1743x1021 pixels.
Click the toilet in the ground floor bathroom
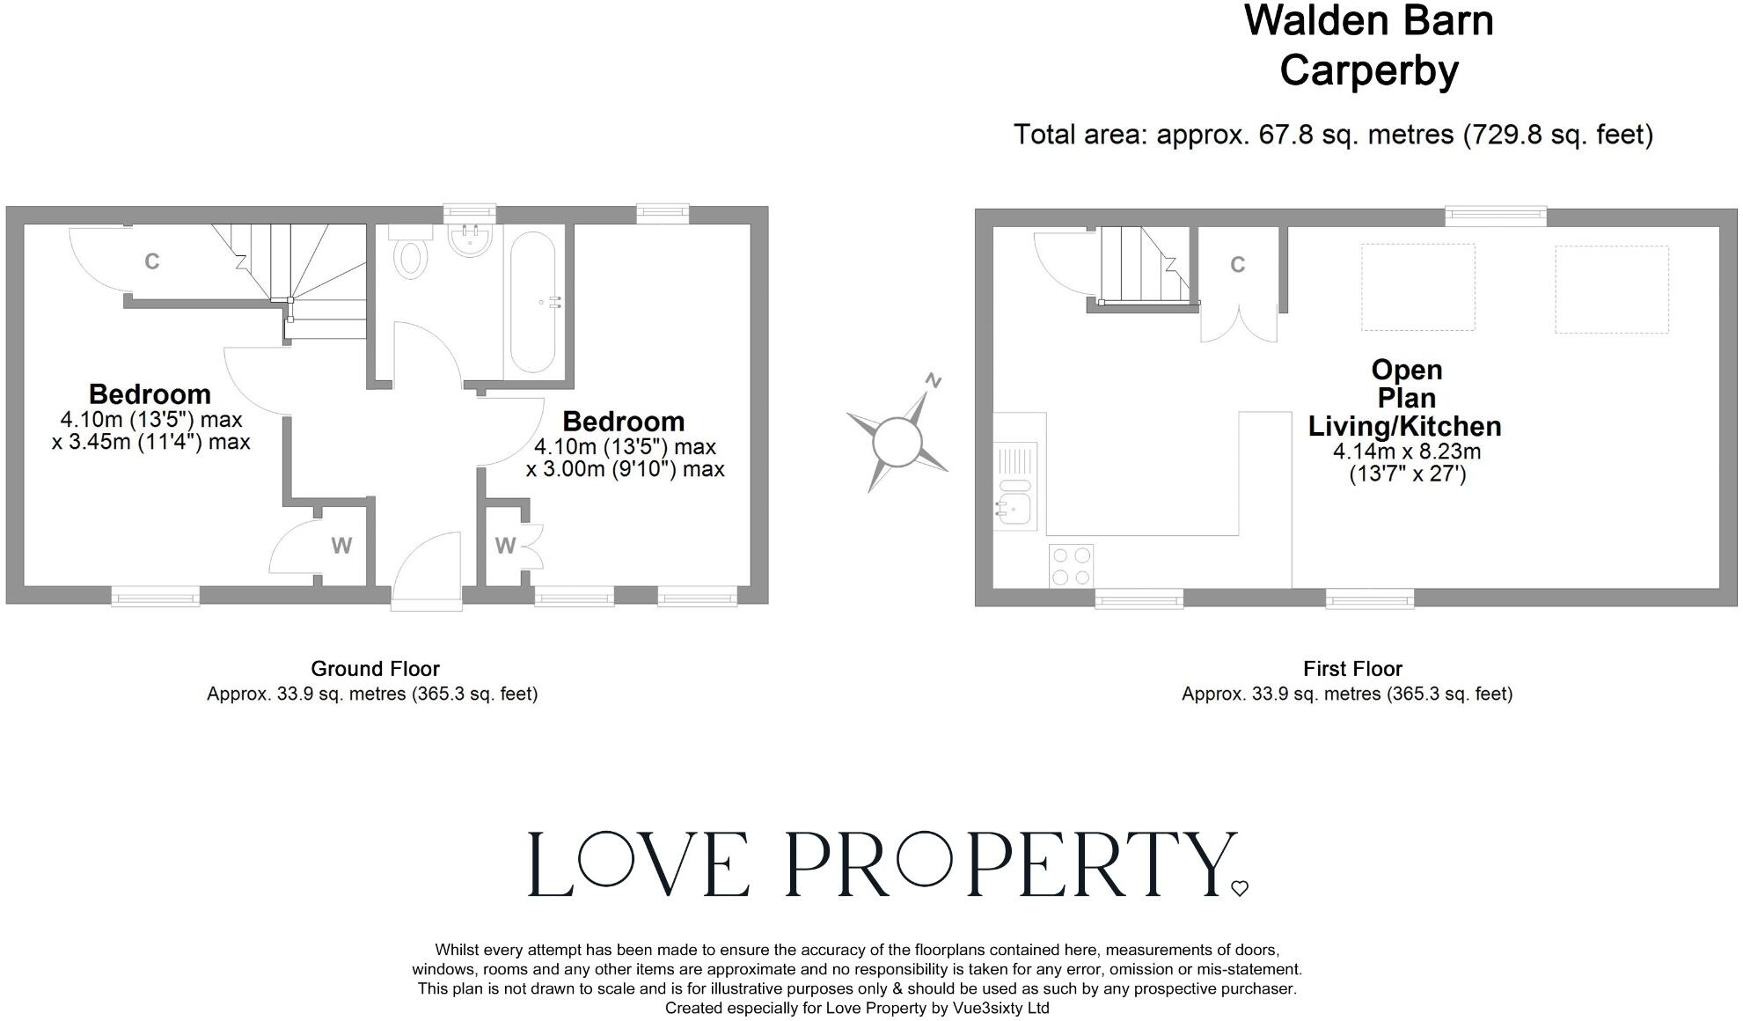pos(409,258)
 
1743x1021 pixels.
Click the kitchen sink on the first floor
pos(1015,507)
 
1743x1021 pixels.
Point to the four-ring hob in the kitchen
pos(1071,566)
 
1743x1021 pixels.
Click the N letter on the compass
pos(934,381)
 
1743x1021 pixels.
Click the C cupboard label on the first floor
pos(1237,265)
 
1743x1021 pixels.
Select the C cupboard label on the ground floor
pos(151,261)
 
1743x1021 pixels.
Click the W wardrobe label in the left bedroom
pos(341,546)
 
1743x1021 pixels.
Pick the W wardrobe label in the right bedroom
pos(504,546)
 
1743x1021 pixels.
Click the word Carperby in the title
pos(1368,70)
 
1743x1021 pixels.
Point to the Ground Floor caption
pos(375,669)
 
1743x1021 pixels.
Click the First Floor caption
pos(1352,669)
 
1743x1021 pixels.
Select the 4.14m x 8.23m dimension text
pos(1406,452)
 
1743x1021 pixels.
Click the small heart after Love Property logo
pos(1240,889)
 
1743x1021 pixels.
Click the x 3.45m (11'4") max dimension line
pos(151,442)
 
